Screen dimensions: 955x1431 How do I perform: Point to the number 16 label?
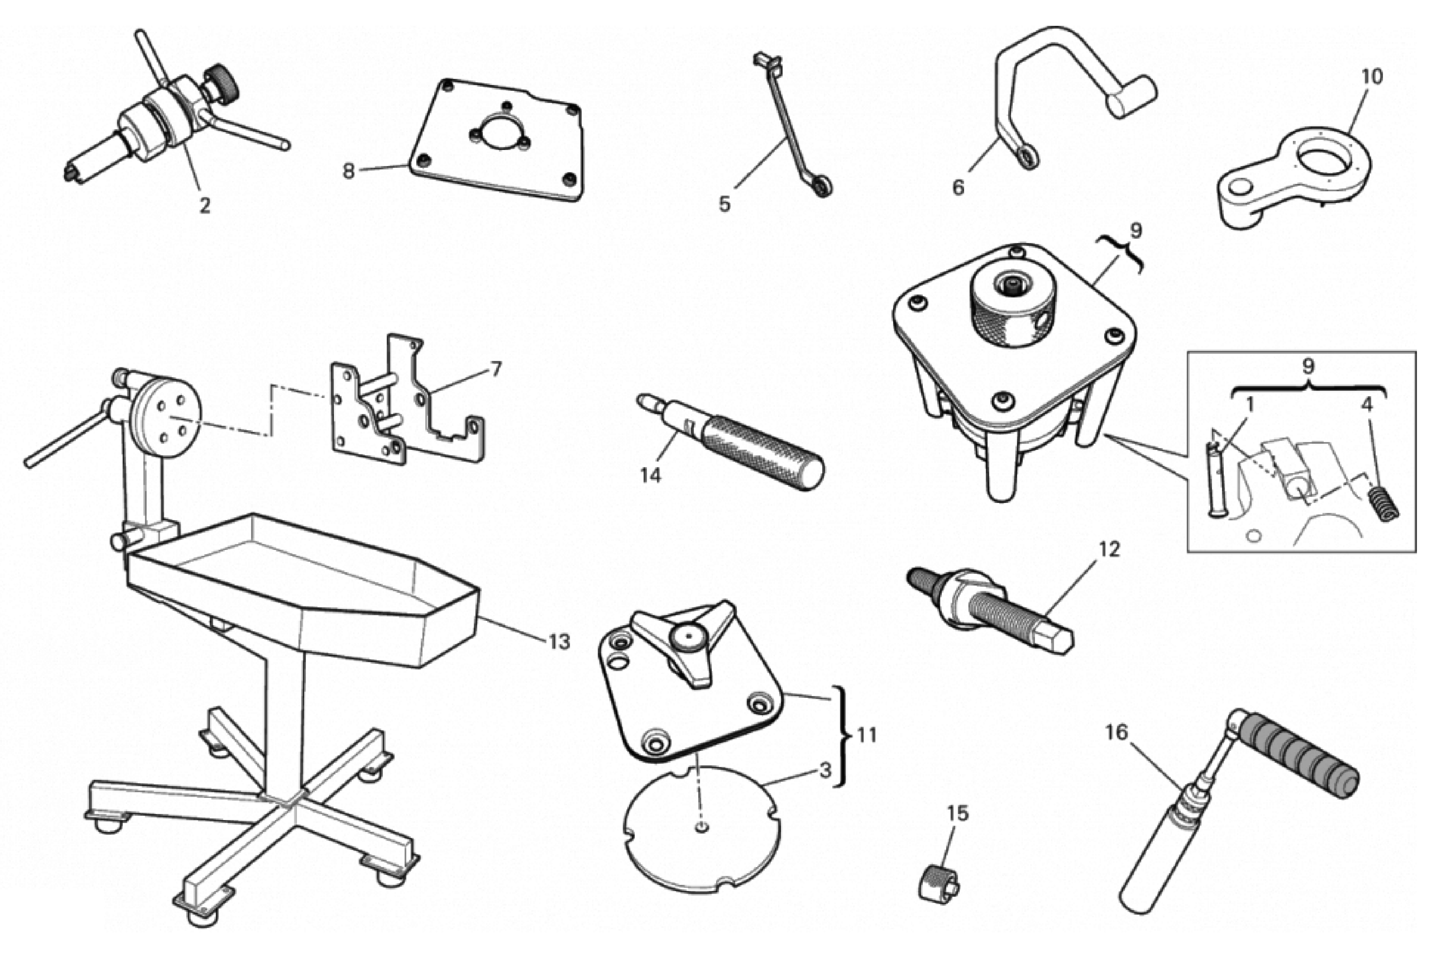[1117, 733]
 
